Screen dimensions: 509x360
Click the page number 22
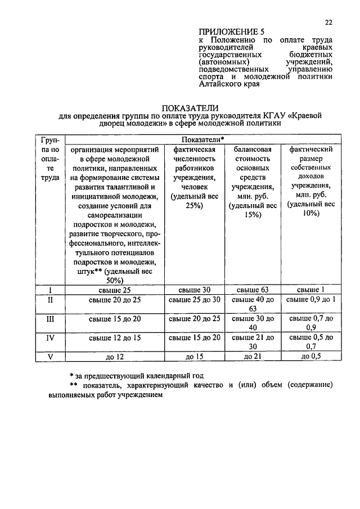click(329, 22)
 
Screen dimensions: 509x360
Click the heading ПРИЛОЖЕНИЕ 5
click(231, 31)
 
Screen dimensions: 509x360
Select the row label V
click(50, 355)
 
